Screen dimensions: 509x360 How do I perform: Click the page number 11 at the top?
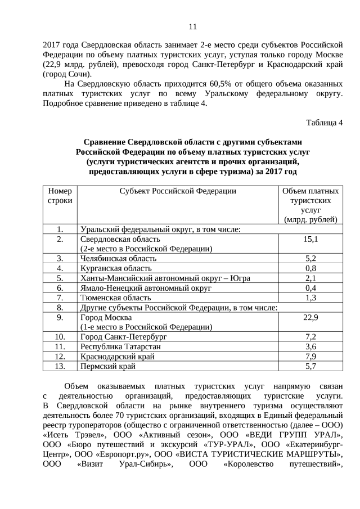tap(192, 26)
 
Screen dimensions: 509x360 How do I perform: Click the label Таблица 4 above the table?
tap(324, 123)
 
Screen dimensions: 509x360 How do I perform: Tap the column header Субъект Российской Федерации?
tap(178, 191)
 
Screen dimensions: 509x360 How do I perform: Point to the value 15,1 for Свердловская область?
tap(311, 239)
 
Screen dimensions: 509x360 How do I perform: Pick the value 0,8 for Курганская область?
tap(311, 268)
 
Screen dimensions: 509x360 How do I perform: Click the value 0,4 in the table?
tap(311, 288)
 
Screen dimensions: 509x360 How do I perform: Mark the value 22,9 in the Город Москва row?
tap(311, 317)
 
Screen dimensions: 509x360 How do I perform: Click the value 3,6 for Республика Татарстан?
tap(311, 346)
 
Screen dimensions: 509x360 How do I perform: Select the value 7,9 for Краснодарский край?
tap(311, 357)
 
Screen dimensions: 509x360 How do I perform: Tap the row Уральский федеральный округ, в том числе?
tap(161, 229)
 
